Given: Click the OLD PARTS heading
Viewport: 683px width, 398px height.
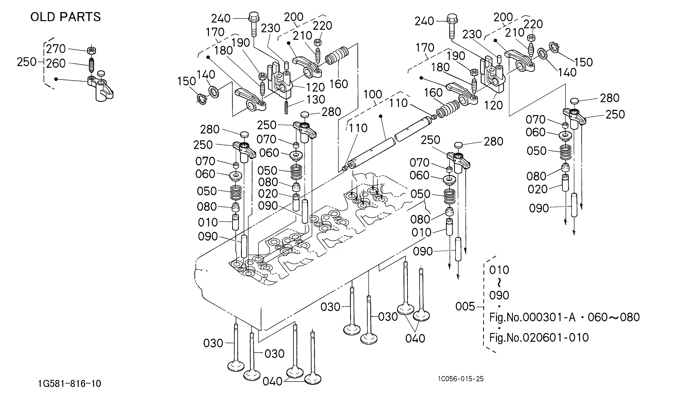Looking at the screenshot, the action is [66, 17].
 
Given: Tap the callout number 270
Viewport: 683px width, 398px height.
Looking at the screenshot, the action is [56, 49].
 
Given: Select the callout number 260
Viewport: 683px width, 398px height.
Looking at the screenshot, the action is [56, 63].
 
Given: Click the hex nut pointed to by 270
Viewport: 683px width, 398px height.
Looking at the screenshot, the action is [92, 50].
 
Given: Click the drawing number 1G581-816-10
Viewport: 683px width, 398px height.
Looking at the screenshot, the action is [70, 384].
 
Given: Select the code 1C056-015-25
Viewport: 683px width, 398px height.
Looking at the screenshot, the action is [461, 379].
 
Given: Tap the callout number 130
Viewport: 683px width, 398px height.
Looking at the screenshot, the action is [316, 99].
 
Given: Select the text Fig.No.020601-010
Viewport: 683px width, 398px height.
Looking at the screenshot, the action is [539, 338].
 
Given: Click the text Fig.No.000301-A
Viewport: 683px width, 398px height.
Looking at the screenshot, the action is [532, 317].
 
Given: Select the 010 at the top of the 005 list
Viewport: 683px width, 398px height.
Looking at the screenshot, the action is [499, 270].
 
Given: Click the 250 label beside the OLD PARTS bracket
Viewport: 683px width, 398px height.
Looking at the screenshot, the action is [27, 62].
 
